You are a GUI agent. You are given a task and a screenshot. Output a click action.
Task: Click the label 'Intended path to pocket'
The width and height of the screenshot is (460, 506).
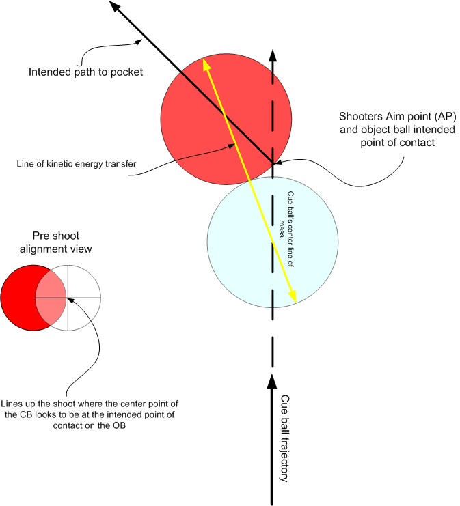[85, 71]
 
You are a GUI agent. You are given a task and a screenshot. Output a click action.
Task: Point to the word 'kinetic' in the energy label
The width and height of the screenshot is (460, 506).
[56, 164]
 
